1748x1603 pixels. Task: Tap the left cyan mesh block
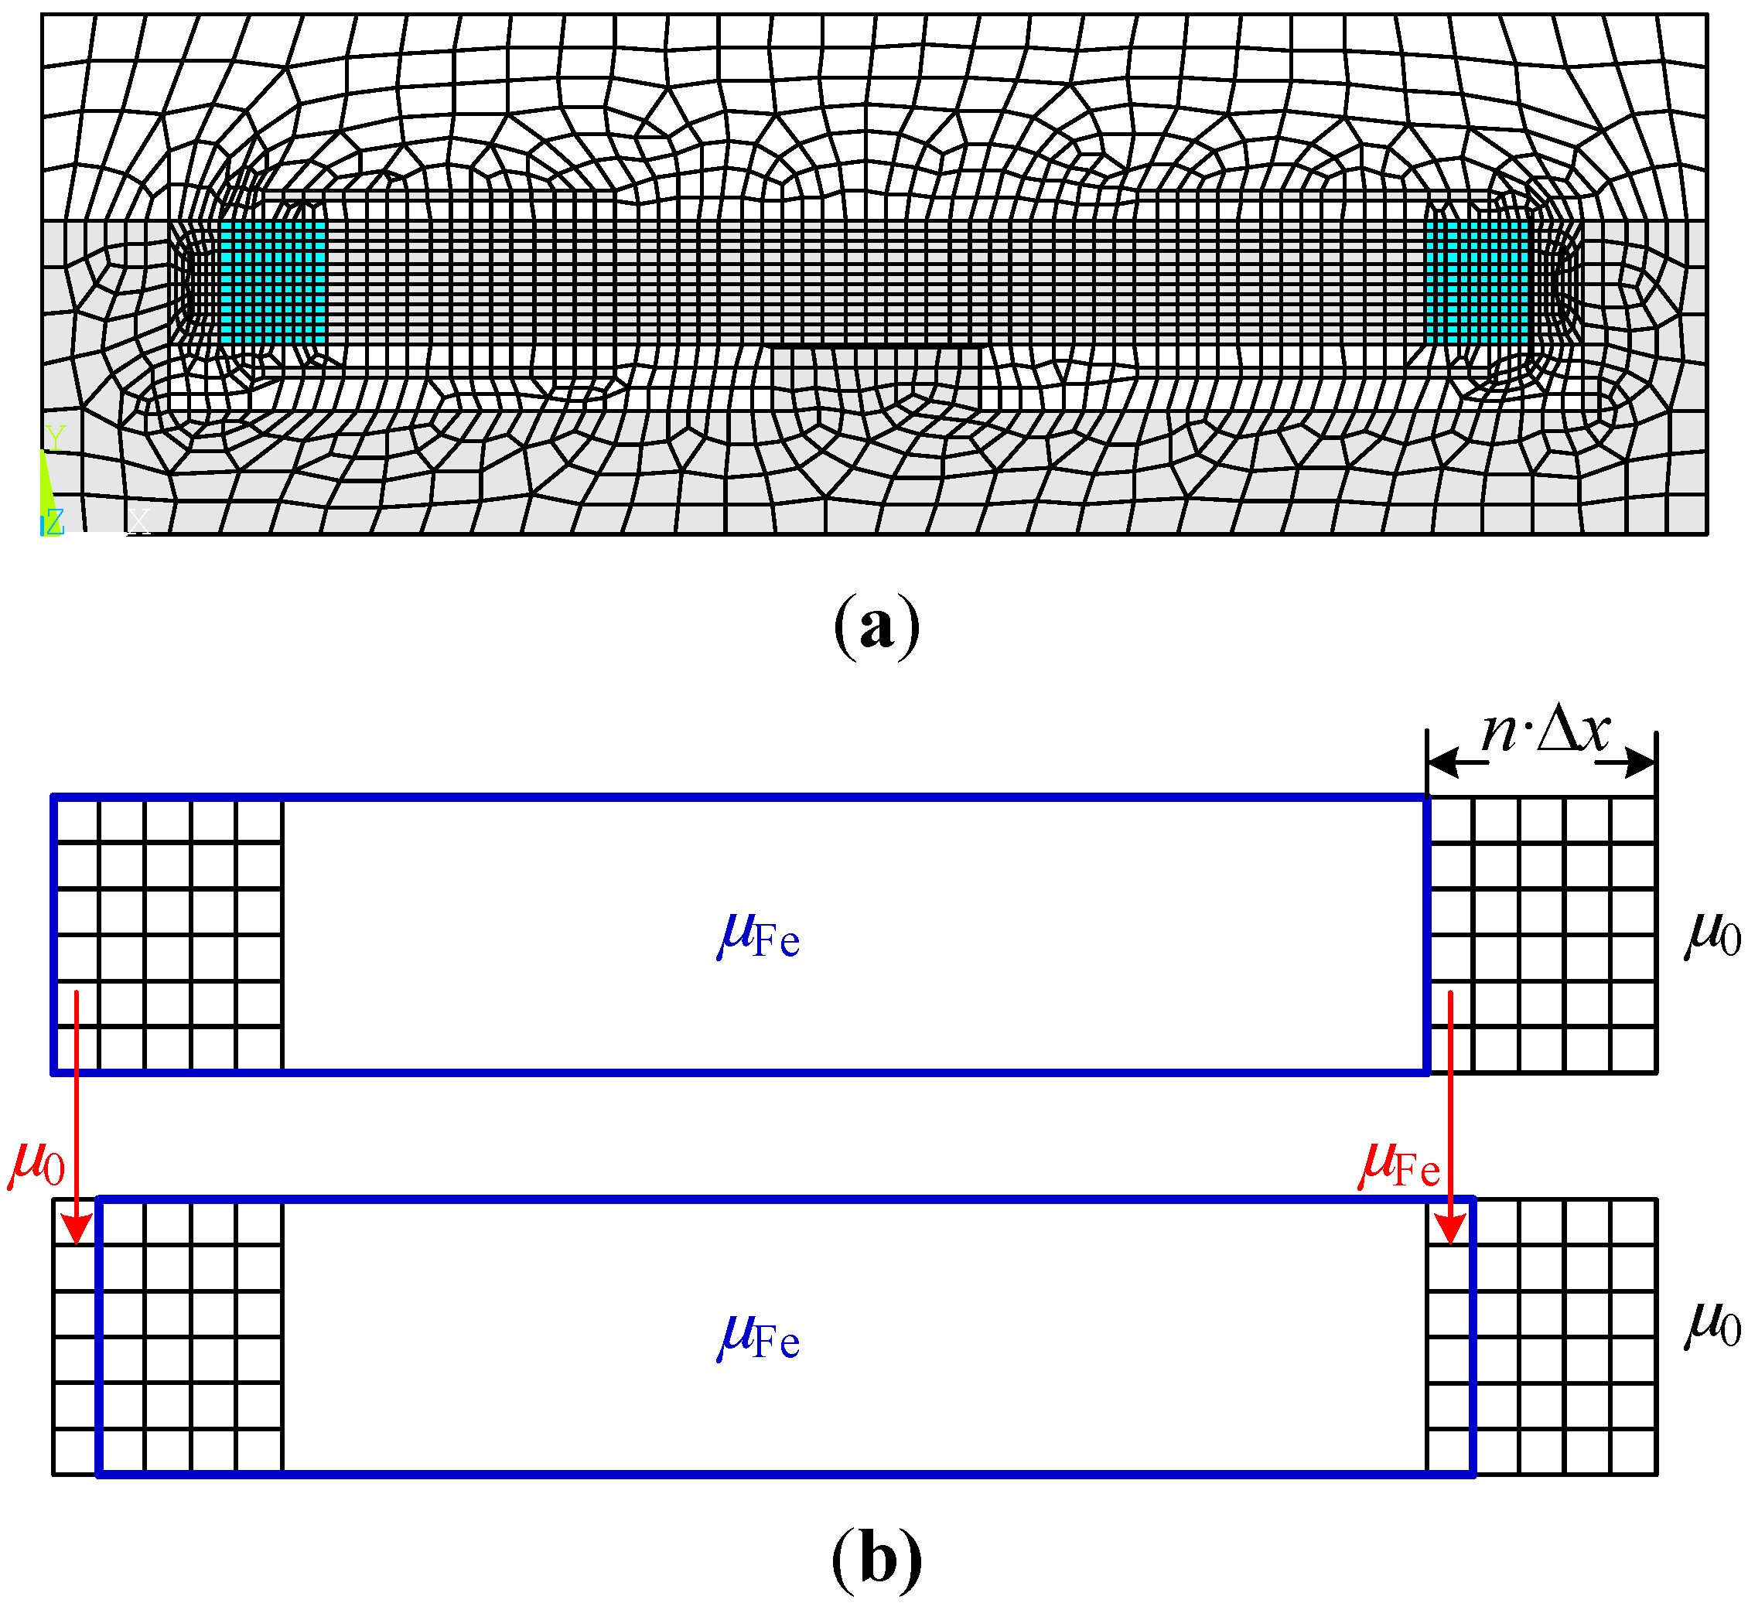[x=272, y=283]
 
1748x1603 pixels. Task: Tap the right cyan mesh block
[x=1477, y=283]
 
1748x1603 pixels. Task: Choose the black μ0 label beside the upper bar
[x=1712, y=936]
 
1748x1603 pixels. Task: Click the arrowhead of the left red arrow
[x=77, y=1228]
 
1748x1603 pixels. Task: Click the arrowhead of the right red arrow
[x=1449, y=1228]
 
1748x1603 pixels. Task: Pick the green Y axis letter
[x=56, y=437]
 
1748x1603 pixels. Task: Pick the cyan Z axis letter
[x=54, y=521]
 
